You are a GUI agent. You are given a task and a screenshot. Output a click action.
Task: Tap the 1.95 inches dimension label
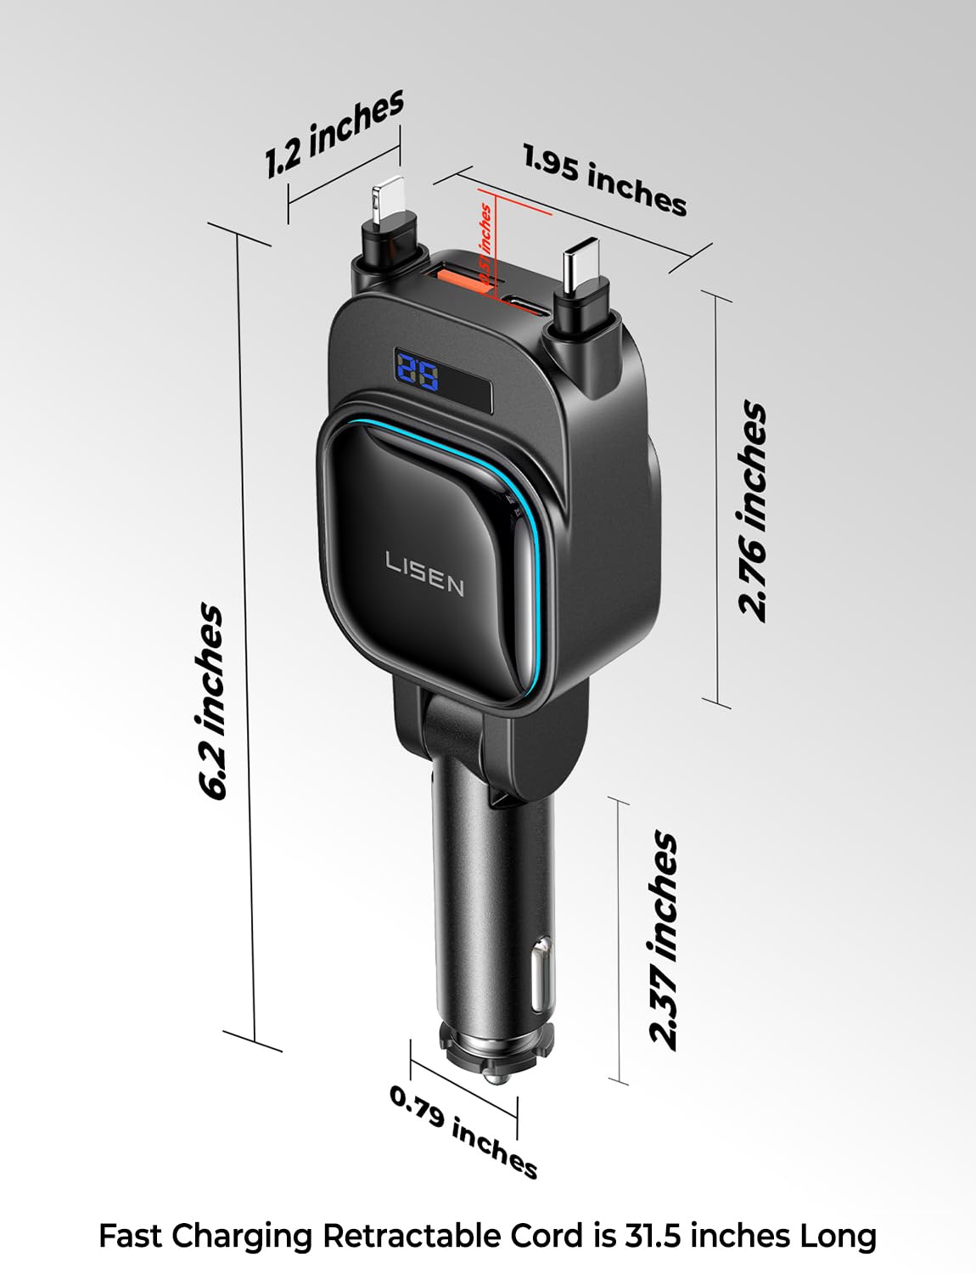[604, 180]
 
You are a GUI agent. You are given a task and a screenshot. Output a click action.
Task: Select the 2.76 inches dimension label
[753, 511]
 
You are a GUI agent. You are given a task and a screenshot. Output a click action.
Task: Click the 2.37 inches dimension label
[664, 940]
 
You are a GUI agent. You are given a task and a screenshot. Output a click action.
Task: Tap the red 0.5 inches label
[485, 244]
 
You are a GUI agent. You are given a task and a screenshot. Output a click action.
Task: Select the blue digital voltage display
[417, 374]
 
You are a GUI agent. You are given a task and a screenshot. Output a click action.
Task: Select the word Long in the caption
[838, 1236]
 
